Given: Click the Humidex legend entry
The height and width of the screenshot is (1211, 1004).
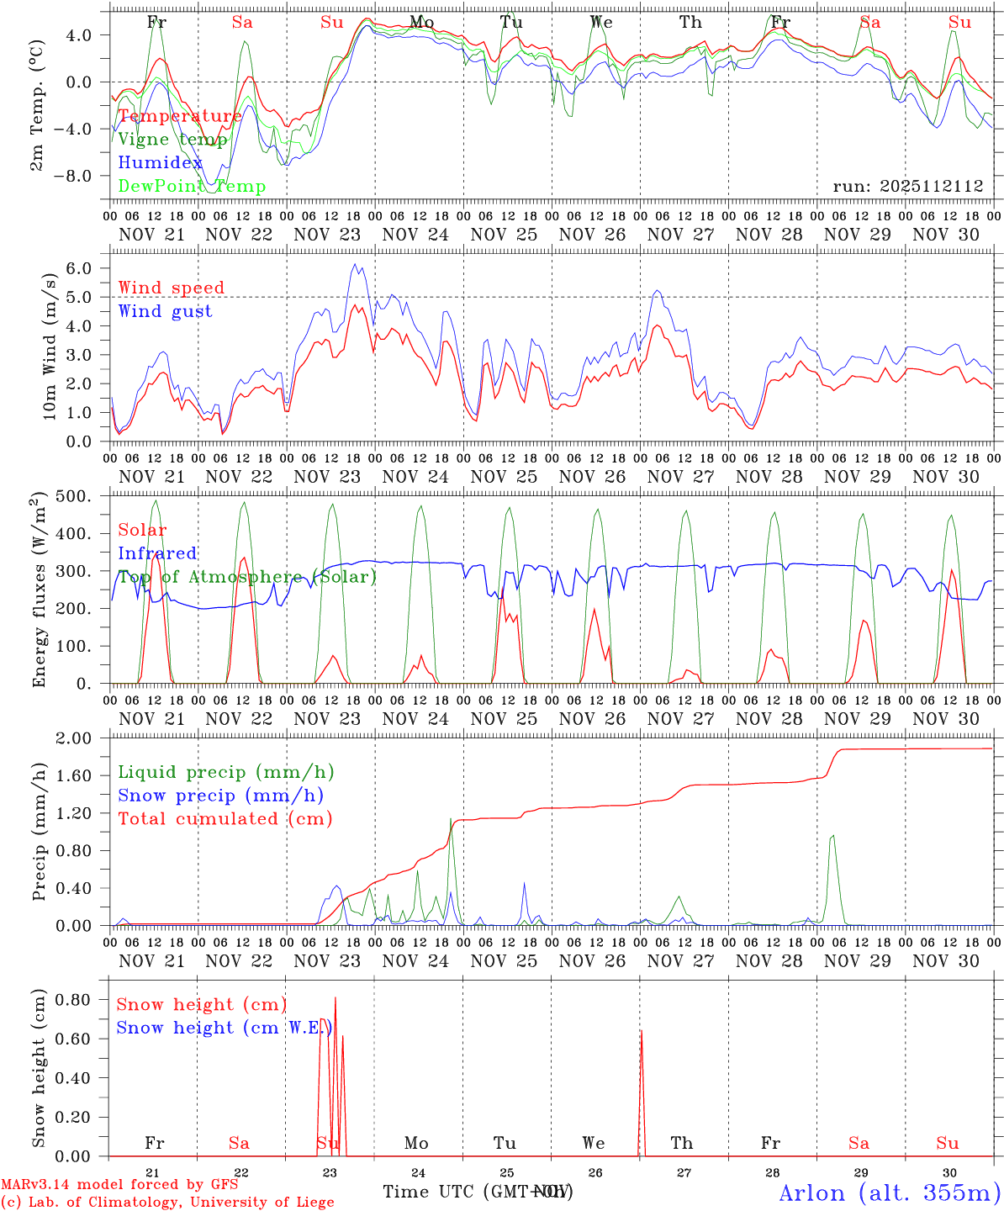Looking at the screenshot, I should point(161,163).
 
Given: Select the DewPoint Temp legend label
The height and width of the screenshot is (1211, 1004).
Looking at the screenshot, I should point(192,187).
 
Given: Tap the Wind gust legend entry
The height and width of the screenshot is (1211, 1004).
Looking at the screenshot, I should point(166,311).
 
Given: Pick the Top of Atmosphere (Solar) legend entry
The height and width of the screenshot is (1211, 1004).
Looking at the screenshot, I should point(247,577).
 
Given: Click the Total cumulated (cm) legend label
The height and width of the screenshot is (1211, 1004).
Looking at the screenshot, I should point(225,818).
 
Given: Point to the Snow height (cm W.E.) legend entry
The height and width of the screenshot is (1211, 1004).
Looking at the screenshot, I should point(224,1028).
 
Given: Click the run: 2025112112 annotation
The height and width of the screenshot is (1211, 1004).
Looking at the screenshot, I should point(908,187).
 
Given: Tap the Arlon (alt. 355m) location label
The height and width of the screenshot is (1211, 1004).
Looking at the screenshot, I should point(890,1192).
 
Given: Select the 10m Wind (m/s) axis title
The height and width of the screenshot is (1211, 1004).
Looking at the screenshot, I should point(50,345).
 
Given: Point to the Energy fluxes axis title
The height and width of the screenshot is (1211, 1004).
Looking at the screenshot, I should point(38,591).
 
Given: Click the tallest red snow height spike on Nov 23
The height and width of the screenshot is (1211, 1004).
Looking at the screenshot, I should point(336,998).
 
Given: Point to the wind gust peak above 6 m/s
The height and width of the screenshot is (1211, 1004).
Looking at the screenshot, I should point(355,265).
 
